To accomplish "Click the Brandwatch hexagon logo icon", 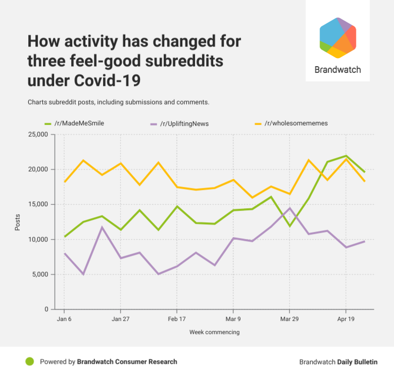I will coord(338,38).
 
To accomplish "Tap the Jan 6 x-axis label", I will coord(64,319).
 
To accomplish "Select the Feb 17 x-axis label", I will coord(177,319).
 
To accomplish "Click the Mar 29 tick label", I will coord(289,319).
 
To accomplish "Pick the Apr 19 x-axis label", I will coord(346,319).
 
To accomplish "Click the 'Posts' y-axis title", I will coord(18,222).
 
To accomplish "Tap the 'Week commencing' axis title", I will coord(215,332).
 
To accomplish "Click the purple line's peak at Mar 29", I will coord(289,208).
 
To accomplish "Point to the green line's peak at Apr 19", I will coord(346,156).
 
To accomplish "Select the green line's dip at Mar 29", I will coord(289,226).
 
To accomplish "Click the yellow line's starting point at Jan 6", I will coord(64,182).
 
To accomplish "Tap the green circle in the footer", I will coord(29,361).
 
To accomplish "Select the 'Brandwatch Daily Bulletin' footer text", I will coord(338,362).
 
